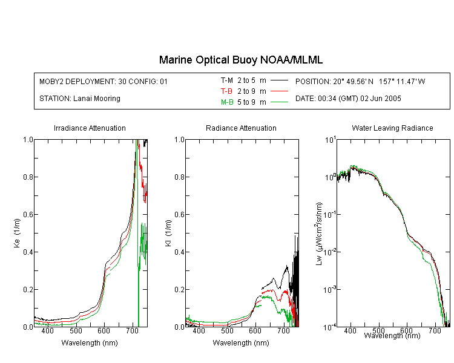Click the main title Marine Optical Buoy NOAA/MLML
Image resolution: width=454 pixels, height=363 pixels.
click(x=240, y=60)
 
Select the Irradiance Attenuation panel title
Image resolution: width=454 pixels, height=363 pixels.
click(x=90, y=128)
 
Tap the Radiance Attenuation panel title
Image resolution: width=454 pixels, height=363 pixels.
click(x=241, y=128)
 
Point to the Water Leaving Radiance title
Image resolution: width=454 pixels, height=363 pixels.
click(x=392, y=128)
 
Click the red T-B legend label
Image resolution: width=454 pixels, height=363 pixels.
click(x=226, y=91)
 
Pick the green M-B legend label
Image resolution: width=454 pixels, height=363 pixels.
click(x=227, y=102)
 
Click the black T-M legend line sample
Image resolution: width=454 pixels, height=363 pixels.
click(x=279, y=80)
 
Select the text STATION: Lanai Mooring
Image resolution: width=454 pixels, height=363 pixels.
click(x=80, y=99)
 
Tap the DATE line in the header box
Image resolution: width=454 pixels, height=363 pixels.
click(x=348, y=99)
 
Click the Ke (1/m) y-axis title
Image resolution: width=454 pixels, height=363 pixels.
click(x=17, y=233)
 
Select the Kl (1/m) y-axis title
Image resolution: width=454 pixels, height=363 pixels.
click(x=168, y=233)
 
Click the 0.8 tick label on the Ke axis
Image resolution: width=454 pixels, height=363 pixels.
click(x=28, y=177)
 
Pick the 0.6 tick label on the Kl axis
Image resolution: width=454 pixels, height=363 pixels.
click(x=179, y=215)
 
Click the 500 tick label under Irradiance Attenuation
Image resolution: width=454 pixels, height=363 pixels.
click(x=76, y=330)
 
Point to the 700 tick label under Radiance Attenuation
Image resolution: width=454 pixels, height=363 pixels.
click(x=283, y=330)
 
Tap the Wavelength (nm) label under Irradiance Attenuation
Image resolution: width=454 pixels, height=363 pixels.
click(x=90, y=343)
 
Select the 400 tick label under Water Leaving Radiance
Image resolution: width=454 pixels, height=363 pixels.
click(x=350, y=330)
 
